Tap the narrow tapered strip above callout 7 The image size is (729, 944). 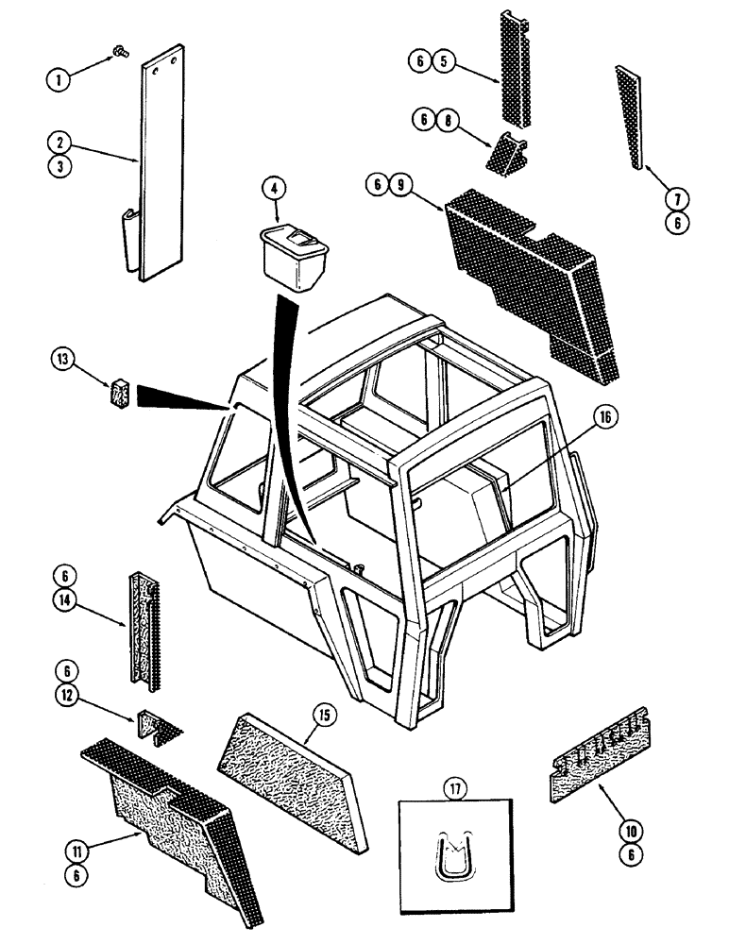click(x=632, y=118)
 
